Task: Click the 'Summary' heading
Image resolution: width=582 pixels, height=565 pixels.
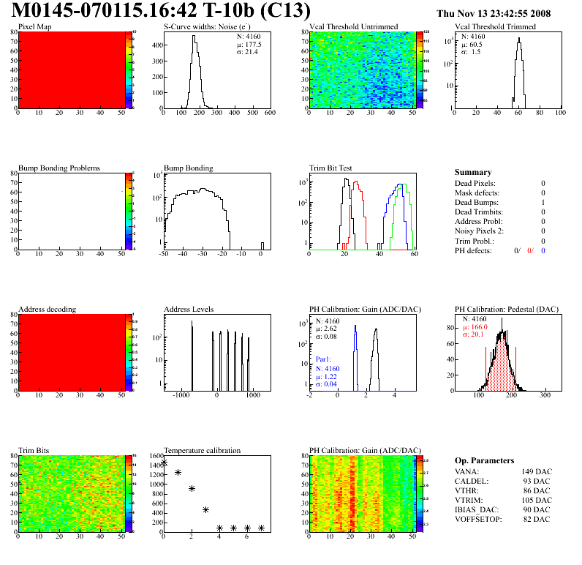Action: pos(473,172)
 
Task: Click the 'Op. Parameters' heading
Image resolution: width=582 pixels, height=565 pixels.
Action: pos(484,460)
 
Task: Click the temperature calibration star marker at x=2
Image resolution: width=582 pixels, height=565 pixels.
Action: pos(192,488)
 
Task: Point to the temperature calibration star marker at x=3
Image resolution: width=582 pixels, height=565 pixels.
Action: pos(205,509)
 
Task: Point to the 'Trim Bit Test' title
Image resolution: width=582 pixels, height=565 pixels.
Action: pos(330,168)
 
